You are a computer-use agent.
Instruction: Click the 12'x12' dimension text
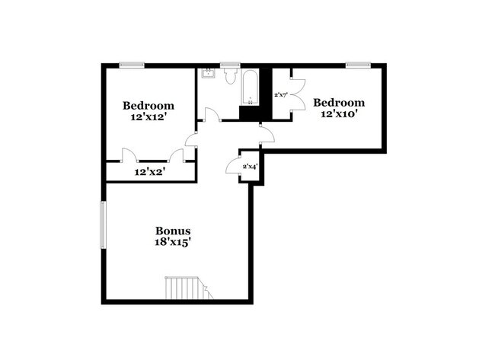coord(149,118)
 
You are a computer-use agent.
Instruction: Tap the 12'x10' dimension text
coord(339,114)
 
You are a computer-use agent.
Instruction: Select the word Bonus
coord(173,231)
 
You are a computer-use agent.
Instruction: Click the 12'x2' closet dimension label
coord(150,173)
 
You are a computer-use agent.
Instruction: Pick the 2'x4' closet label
coord(250,166)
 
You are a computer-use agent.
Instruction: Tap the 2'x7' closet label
coord(280,95)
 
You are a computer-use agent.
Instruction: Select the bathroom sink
coord(208,75)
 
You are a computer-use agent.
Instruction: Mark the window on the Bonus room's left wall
coord(104,224)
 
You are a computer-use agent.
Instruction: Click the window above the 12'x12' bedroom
coord(133,65)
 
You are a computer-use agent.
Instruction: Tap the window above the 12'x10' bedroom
coord(357,65)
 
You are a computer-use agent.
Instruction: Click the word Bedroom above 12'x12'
coord(149,106)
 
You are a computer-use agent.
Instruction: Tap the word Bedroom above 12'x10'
coord(339,103)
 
